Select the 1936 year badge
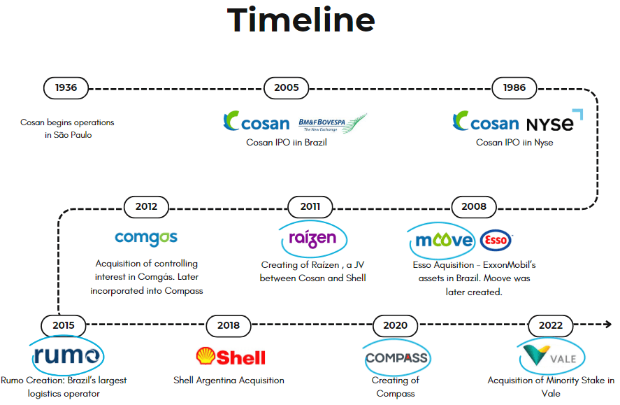tap(66, 88)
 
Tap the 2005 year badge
tap(287, 88)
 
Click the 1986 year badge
tap(514, 88)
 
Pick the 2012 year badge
tap(146, 206)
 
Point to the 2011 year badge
tap(310, 206)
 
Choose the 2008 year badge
tap(474, 206)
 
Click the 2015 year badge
tap(64, 325)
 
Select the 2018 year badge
tap(229, 325)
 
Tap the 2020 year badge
tap(395, 325)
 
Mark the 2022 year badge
tap(551, 325)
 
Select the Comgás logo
tap(146, 238)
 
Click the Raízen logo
tap(312, 239)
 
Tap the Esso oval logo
tap(496, 241)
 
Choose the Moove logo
tap(442, 241)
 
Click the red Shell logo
tap(231, 357)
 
